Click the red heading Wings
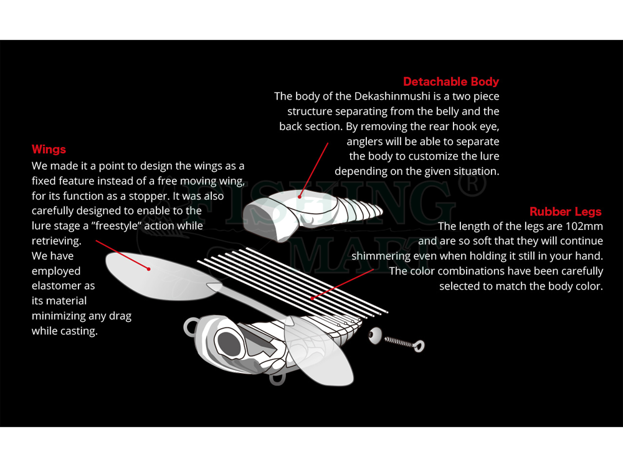[49, 149]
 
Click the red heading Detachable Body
[451, 82]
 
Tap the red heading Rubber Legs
[566, 211]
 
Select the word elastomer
[63, 286]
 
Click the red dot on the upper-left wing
[149, 269]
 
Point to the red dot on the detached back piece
[300, 196]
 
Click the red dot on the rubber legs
[312, 298]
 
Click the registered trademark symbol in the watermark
[472, 185]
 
